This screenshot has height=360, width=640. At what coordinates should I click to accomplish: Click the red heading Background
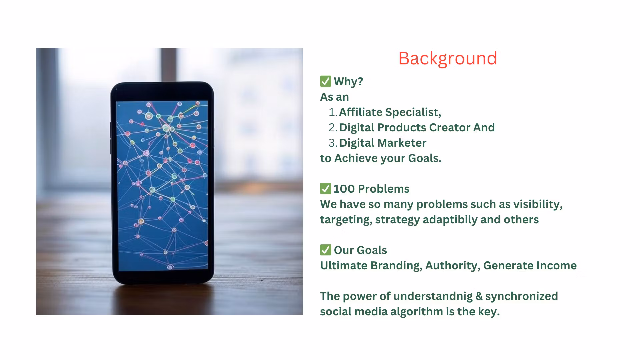(x=447, y=59)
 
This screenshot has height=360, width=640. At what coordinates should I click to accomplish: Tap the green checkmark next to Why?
(x=325, y=81)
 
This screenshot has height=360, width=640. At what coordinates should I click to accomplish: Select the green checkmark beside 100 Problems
(x=325, y=189)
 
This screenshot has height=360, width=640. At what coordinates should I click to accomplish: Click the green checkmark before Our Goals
(x=325, y=250)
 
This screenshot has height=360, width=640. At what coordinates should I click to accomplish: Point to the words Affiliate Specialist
(x=390, y=112)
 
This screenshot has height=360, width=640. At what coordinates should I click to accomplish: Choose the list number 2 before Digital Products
(x=332, y=128)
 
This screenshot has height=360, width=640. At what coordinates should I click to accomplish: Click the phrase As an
(x=334, y=97)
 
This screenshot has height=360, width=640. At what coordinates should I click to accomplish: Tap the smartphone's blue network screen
(x=162, y=185)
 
